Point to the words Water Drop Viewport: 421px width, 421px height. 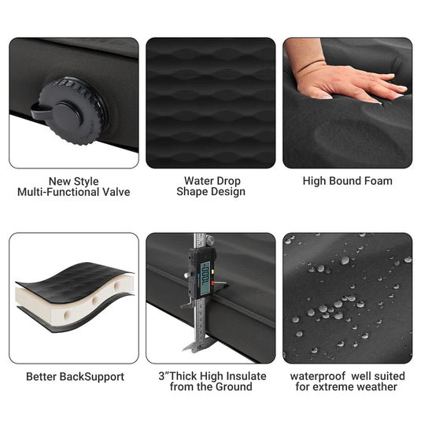click(x=210, y=180)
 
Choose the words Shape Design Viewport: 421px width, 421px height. click(x=210, y=191)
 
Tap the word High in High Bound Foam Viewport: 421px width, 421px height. click(x=316, y=181)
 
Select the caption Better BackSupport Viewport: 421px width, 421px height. click(x=75, y=377)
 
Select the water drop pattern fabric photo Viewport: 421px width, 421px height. click(x=210, y=102)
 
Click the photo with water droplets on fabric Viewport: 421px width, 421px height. click(x=347, y=297)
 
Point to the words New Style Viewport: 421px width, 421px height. click(x=74, y=181)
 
